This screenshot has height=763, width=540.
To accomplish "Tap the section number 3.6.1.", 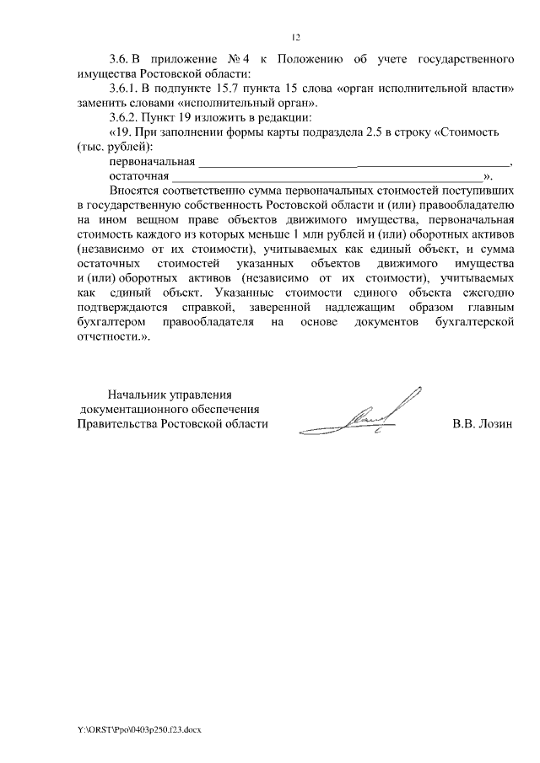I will point(127,89).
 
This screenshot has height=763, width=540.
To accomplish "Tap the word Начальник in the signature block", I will point(136,395).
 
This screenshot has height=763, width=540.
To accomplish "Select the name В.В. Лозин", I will point(483,424).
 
